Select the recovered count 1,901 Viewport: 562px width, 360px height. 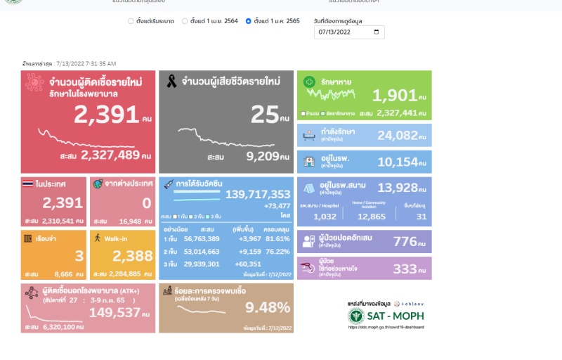pos(394,95)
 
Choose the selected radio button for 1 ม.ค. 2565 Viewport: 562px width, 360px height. pos(248,21)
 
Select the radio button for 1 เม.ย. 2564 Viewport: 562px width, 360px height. pos(185,21)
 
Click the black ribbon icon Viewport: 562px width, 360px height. pos(171,82)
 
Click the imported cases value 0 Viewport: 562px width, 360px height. pos(146,203)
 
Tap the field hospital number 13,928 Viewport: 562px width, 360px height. pos(397,188)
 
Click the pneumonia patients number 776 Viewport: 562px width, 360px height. pos(405,242)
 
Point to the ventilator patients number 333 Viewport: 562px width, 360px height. pos(405,269)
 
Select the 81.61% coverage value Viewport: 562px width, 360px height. pos(277,239)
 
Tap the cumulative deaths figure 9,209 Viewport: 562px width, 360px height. pos(263,156)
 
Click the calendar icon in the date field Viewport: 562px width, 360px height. pos(377,32)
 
